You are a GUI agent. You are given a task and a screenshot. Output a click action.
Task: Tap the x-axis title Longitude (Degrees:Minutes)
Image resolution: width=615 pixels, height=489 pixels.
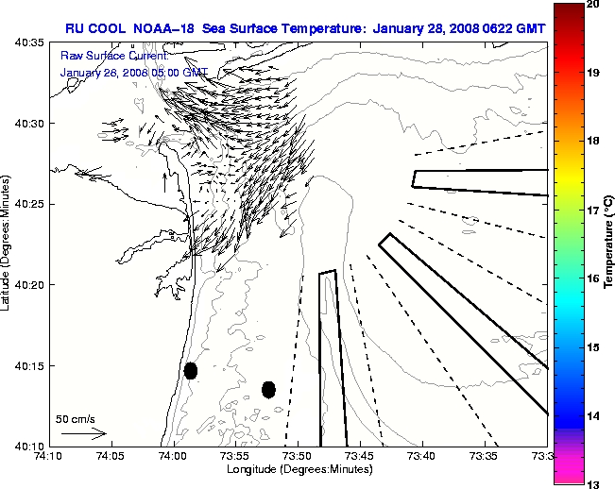[297, 469]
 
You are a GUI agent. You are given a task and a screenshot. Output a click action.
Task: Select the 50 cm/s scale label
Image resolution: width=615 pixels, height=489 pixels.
[75, 418]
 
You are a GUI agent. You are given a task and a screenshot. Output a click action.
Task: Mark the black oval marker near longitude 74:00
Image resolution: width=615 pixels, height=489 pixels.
[191, 370]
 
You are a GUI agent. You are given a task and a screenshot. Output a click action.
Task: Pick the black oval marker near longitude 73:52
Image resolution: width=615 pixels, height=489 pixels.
[268, 389]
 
